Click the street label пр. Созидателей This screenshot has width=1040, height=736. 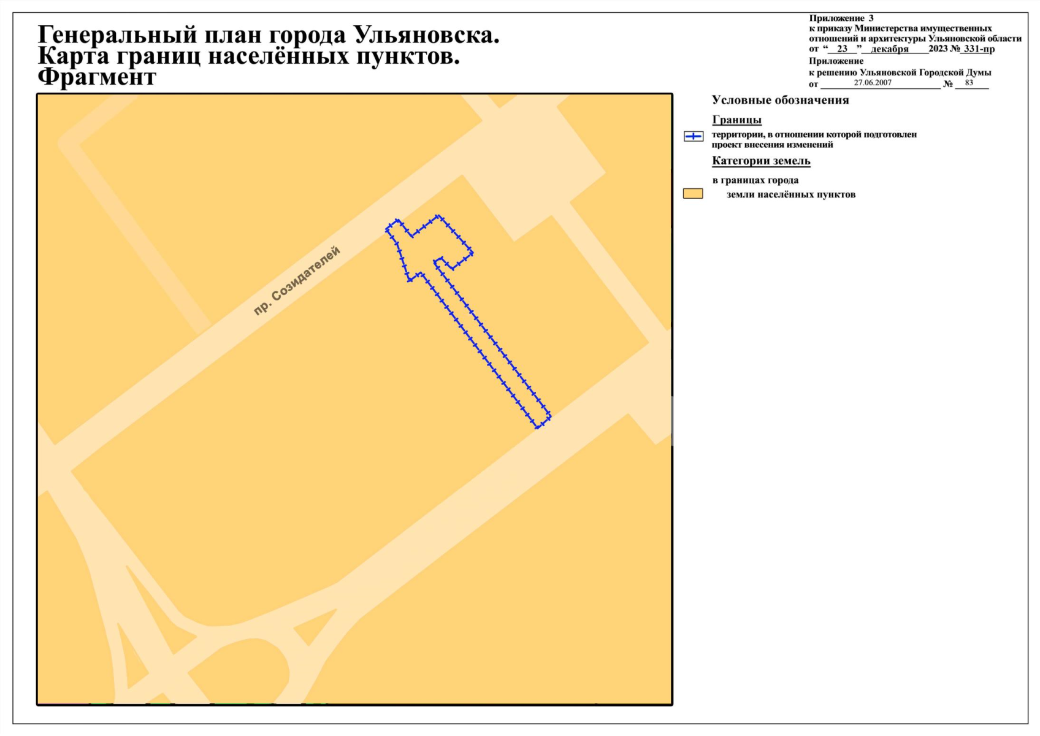coord(297,280)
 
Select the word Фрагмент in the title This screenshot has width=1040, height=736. coord(97,77)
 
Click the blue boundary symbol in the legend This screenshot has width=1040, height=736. coord(694,136)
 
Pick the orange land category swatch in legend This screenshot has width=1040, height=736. coord(693,194)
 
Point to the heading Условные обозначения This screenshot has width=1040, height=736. coord(780,100)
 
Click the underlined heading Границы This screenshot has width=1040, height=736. coord(736,120)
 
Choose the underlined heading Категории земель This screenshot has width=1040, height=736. coord(761,161)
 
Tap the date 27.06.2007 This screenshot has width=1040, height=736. coord(873,83)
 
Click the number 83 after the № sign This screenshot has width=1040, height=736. coord(969,83)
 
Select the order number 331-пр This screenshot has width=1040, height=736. coord(979,48)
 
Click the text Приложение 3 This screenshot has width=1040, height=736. coord(841,18)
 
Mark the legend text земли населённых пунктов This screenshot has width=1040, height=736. coord(790,194)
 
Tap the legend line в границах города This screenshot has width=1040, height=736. coord(755,180)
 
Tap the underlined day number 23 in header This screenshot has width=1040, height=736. coord(842,49)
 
